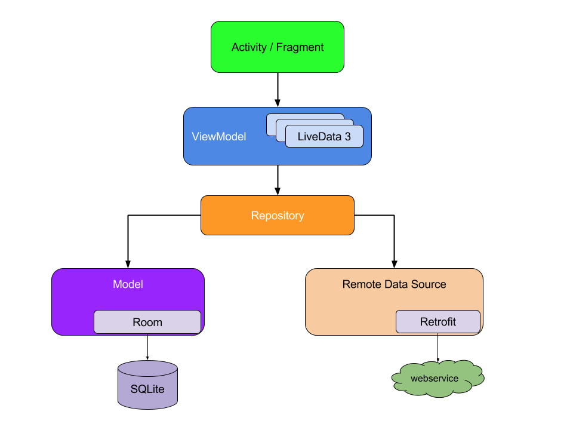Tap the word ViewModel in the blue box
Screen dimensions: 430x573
click(218, 137)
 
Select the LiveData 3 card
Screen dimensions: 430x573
click(324, 137)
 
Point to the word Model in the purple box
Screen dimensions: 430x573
click(128, 284)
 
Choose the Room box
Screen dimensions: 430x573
click(147, 322)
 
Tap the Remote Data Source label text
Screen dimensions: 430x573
click(394, 284)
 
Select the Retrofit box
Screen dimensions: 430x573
click(438, 322)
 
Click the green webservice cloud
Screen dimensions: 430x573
click(438, 379)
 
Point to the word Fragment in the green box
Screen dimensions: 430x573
click(300, 47)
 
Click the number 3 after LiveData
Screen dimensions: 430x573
click(347, 137)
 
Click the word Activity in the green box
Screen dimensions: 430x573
click(249, 47)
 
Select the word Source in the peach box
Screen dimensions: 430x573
click(430, 284)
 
